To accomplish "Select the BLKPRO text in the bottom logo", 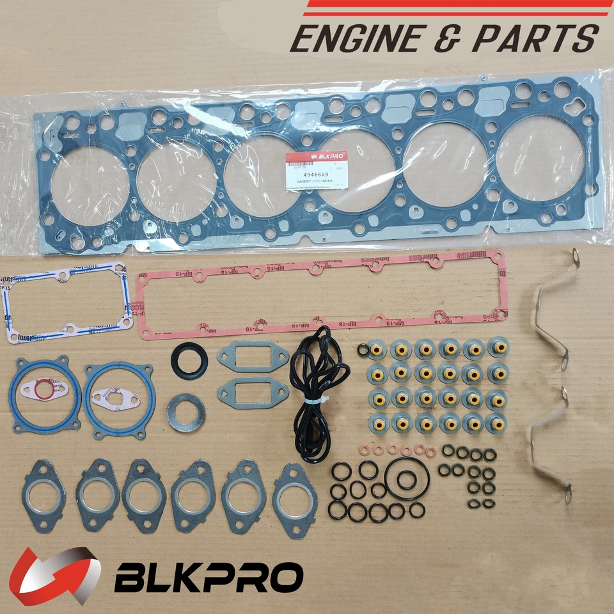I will (x=209, y=577).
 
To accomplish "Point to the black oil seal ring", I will (x=189, y=361).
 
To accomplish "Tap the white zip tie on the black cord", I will (x=315, y=400).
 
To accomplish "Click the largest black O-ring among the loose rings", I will (x=405, y=478).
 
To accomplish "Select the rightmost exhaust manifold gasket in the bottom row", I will (x=295, y=492).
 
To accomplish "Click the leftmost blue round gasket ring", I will (x=46, y=391).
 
